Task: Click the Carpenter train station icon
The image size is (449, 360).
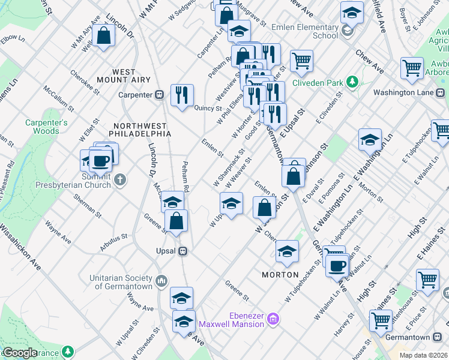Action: [x=160, y=95]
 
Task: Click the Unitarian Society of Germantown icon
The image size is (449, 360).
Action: [x=161, y=281]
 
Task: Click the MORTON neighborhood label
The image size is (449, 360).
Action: [x=280, y=274]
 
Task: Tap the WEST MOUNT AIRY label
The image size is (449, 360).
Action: [x=124, y=76]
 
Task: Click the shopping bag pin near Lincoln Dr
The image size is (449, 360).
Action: [x=104, y=35]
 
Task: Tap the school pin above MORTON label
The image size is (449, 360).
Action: [x=288, y=251]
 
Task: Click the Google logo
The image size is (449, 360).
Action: [x=20, y=353]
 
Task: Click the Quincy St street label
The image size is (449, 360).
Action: [x=208, y=108]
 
